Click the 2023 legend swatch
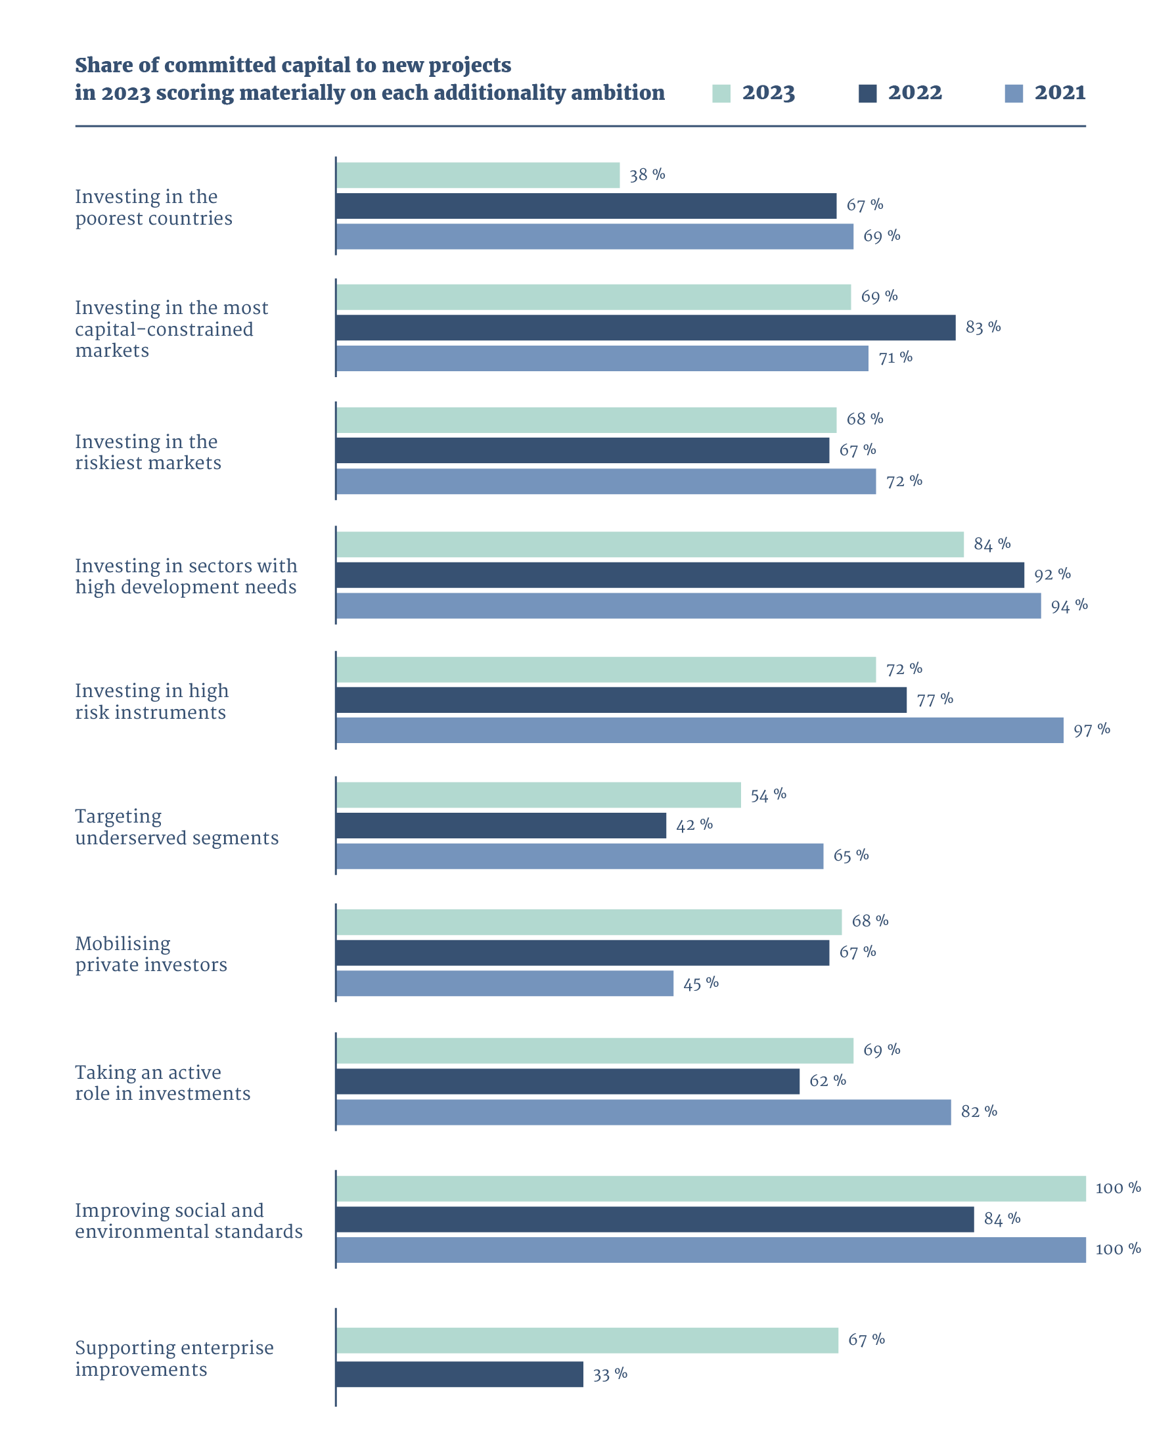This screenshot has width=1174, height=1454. pos(721,94)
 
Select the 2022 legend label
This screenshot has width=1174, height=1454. pos(914,93)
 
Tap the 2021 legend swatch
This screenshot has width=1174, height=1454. pos(1013,94)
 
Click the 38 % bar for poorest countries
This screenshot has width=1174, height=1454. pos(478,176)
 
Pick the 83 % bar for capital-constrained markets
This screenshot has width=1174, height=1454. pos(645,328)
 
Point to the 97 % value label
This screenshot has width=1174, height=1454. pos(1091,731)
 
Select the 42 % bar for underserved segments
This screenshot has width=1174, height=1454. pos(501,826)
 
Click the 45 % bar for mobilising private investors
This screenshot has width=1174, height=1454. pos(505,984)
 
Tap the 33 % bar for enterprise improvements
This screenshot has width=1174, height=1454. pos(459,1375)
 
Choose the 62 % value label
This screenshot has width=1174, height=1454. pos(828,1081)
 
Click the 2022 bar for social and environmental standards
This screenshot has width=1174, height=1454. pos(654,1219)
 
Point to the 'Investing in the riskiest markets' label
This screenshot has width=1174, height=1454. pos(148,452)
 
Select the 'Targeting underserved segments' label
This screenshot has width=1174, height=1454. pos(177,827)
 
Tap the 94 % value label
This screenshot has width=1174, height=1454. pos(1069,606)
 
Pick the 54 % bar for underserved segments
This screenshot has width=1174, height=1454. pos(538,795)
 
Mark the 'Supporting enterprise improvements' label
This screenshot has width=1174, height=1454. pos(175,1359)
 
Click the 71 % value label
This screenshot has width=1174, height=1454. pos(895,358)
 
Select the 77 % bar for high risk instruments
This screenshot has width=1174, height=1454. pos(621,700)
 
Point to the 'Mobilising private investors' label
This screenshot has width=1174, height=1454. pos(151,954)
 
